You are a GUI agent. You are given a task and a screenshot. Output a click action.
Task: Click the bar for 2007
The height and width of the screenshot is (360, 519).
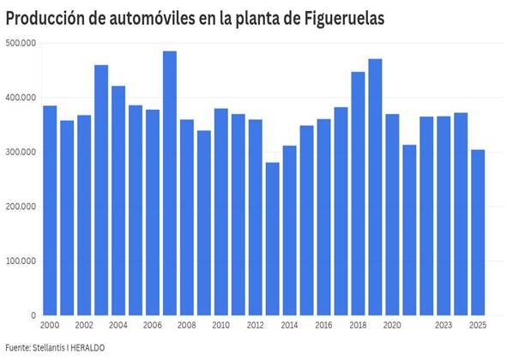click(170, 183)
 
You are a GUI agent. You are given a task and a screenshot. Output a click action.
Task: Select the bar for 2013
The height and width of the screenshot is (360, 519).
click(273, 239)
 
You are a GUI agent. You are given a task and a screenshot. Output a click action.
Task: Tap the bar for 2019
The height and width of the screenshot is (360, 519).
click(376, 187)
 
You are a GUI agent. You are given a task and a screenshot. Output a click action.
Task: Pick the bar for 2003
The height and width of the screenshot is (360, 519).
click(101, 190)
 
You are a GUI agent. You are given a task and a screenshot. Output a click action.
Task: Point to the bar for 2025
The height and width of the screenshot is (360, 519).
click(478, 233)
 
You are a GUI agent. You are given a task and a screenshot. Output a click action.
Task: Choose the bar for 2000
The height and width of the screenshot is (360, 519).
click(50, 211)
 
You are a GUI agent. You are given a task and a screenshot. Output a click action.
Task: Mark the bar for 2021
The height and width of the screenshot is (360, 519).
click(409, 230)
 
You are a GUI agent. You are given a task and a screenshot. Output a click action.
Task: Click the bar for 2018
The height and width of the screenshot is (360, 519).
click(358, 194)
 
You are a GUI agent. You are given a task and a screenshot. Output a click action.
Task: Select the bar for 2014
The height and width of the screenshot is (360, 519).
click(290, 231)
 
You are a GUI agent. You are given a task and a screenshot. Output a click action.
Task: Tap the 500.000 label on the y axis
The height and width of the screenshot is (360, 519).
click(21, 44)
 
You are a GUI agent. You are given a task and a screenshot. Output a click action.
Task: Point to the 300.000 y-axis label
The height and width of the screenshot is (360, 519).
click(21, 153)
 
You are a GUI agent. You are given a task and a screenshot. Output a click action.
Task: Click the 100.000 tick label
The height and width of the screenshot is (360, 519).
click(21, 261)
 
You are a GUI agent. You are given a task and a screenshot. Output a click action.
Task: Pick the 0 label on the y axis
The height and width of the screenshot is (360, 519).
click(33, 315)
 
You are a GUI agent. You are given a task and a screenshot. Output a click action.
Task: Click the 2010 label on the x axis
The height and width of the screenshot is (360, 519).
click(220, 326)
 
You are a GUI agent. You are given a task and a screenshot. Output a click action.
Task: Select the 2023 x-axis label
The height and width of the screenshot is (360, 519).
click(444, 326)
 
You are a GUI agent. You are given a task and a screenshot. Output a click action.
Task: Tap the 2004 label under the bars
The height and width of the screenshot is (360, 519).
click(118, 326)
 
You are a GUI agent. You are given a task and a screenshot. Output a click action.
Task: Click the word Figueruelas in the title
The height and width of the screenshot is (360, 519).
click(344, 19)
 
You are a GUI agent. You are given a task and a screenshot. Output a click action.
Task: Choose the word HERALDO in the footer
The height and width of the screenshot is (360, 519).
click(88, 348)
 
